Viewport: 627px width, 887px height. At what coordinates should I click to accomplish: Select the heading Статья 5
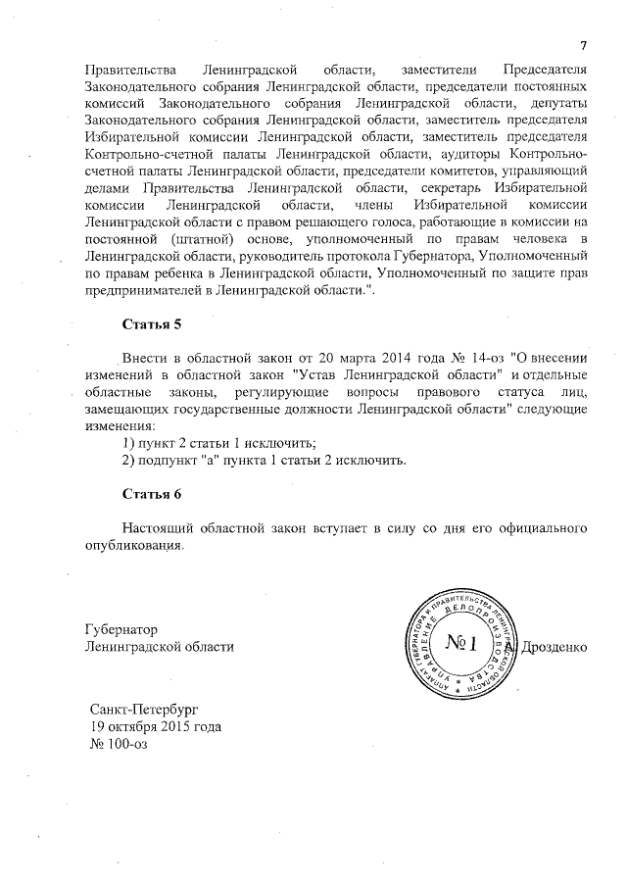pos(152,324)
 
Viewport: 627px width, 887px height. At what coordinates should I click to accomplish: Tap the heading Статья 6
pos(152,493)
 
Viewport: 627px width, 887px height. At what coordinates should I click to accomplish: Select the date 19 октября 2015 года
pos(155,727)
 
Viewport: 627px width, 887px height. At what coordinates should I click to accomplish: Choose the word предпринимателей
pos(143,293)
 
